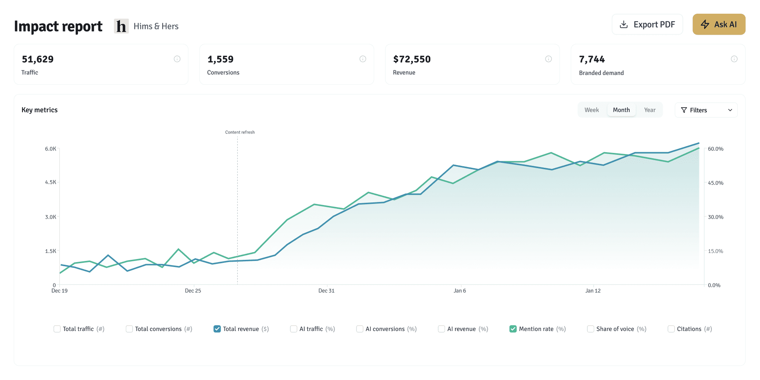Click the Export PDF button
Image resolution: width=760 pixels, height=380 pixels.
pos(647,24)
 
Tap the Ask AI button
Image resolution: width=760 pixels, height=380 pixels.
pos(719,24)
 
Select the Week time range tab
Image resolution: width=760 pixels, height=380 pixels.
pos(591,110)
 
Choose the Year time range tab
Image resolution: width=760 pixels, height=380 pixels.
pos(649,110)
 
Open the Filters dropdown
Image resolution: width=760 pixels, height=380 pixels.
pos(706,110)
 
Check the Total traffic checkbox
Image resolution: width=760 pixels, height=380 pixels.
pos(57,329)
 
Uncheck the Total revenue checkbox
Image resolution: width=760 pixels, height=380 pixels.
pos(217,329)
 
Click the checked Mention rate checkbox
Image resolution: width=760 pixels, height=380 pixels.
pos(513,329)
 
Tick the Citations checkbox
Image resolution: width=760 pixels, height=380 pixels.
pos(671,329)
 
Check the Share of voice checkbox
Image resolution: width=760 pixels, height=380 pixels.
pos(591,329)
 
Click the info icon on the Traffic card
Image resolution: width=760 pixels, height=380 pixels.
pos(177,59)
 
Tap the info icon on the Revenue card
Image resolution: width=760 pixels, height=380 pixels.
pos(548,59)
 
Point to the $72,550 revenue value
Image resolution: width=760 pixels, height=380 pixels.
pos(412,59)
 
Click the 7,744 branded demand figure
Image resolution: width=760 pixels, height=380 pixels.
pos(592,59)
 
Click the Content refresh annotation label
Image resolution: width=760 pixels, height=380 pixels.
pos(240,132)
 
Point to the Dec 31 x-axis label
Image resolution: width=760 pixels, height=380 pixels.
pos(326,291)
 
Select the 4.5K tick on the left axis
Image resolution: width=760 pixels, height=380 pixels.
pos(51,182)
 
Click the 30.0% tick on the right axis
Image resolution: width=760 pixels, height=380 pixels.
pos(716,217)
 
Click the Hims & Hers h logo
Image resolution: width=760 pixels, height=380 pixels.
pos(121,26)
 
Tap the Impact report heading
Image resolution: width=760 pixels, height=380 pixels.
pos(58,26)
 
